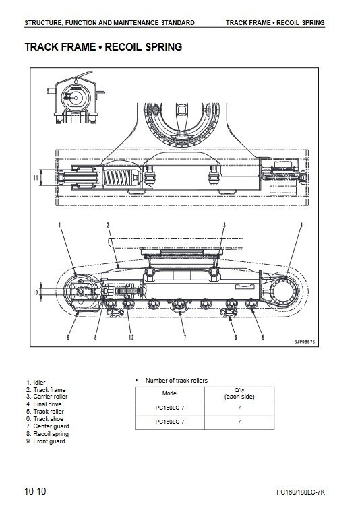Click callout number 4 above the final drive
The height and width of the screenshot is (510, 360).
pos(301,225)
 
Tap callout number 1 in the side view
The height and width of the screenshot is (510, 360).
pos(60,225)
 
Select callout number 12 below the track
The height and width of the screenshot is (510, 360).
pos(131,337)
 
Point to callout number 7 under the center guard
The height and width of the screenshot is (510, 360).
pos(185,337)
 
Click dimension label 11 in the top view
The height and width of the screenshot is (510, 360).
pos(36,178)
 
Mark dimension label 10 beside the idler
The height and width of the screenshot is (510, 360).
pos(36,292)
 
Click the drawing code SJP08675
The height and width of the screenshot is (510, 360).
pos(304,342)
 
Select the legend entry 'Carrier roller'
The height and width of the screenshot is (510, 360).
pos(47,397)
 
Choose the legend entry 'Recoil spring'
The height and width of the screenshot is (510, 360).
pos(47,434)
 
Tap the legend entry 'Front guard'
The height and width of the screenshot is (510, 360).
pos(46,441)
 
